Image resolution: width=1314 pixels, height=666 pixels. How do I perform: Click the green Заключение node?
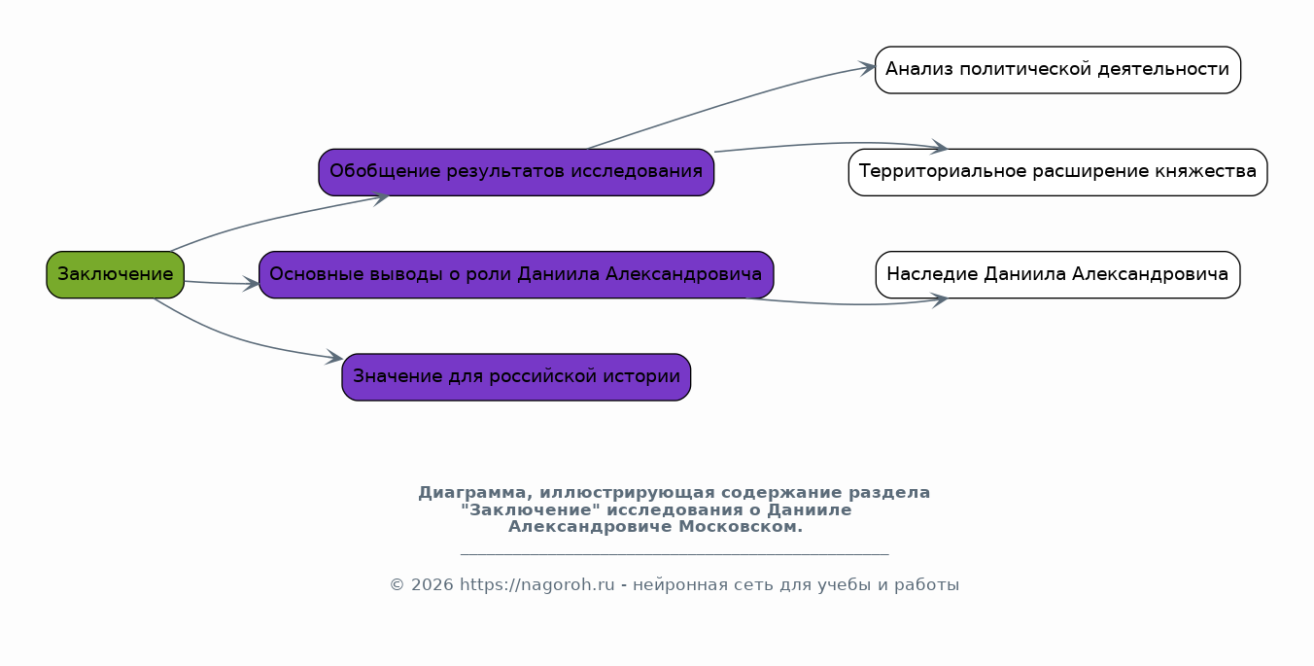(x=115, y=274)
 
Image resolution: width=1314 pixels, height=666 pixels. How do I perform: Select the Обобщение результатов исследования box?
(x=516, y=172)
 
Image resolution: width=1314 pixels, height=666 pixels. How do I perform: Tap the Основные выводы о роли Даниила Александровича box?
(x=516, y=274)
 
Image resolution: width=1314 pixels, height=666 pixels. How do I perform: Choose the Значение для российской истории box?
(x=516, y=377)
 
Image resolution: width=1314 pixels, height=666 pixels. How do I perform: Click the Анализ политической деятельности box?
(x=1057, y=70)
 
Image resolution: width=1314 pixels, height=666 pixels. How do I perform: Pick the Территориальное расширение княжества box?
(x=1057, y=172)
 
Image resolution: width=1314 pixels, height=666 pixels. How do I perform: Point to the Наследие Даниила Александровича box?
(x=1057, y=274)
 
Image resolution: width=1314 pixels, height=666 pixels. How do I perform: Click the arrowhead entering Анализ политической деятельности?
(x=867, y=68)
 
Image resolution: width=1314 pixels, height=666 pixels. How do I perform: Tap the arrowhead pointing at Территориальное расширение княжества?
(x=940, y=147)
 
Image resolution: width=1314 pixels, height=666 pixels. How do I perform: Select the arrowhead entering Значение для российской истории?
(x=334, y=357)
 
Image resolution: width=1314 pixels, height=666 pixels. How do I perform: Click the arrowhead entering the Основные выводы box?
(x=251, y=284)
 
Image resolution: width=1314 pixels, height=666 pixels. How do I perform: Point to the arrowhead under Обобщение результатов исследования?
(x=381, y=197)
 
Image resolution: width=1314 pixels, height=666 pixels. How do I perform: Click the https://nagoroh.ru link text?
(x=536, y=585)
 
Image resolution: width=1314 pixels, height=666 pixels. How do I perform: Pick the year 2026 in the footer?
(x=432, y=585)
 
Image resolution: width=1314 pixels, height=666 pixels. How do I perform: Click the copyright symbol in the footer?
(x=398, y=585)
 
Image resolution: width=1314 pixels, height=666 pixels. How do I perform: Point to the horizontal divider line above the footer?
(x=674, y=553)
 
